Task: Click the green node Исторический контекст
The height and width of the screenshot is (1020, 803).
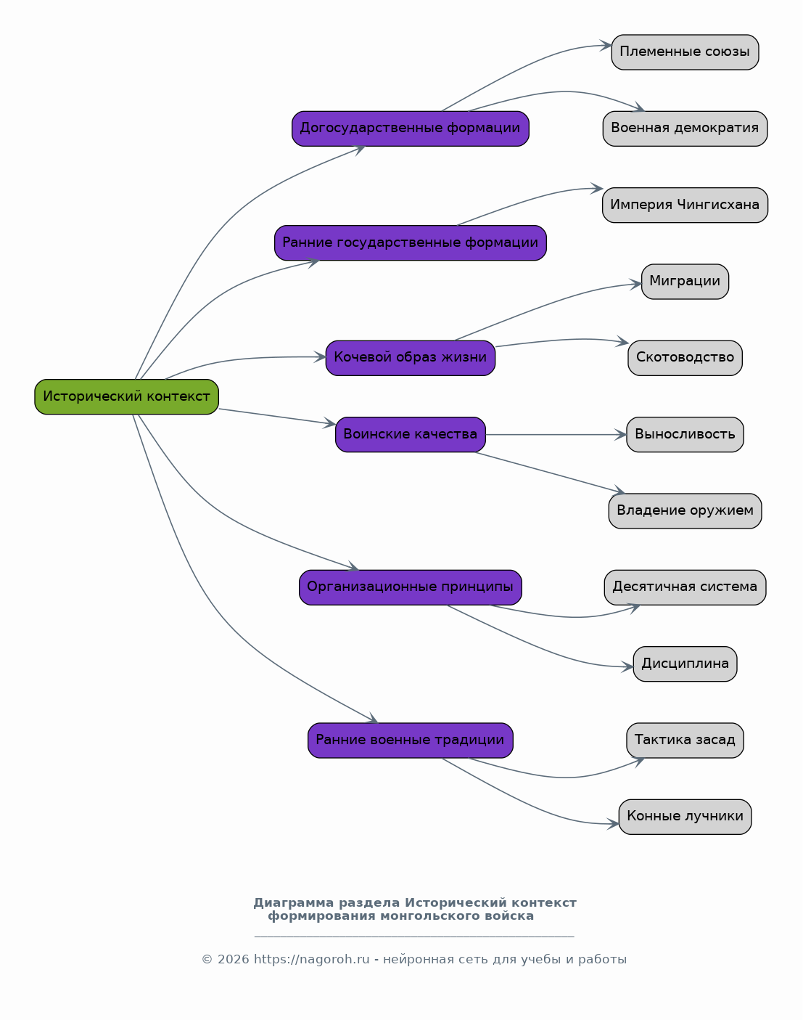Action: (126, 396)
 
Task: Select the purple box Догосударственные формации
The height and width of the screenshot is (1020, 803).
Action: (411, 128)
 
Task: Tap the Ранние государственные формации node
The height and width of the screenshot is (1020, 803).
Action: (411, 242)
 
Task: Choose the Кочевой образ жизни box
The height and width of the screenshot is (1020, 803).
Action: (411, 358)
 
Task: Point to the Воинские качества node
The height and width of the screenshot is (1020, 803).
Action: (411, 434)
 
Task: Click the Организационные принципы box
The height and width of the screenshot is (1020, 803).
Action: (411, 587)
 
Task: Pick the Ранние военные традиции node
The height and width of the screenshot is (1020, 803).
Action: (411, 740)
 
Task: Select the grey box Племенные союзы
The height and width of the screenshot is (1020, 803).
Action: (685, 52)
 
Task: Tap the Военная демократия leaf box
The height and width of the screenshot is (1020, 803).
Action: (685, 128)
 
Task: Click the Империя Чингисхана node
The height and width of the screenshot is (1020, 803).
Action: (685, 205)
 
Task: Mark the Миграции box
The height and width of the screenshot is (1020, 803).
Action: (685, 282)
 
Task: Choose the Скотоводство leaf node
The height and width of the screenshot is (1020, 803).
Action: (685, 358)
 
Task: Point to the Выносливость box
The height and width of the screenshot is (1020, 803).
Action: (685, 434)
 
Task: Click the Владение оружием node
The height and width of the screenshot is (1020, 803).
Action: (685, 511)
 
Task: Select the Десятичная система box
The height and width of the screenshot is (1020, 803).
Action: (685, 587)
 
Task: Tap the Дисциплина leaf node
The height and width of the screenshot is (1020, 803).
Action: (685, 664)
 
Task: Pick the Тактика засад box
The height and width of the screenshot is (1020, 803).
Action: (685, 740)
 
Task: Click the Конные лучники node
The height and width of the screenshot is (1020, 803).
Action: (685, 817)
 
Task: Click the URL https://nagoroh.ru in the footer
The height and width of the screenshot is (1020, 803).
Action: (312, 960)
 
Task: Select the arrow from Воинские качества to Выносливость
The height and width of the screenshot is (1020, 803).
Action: (556, 435)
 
